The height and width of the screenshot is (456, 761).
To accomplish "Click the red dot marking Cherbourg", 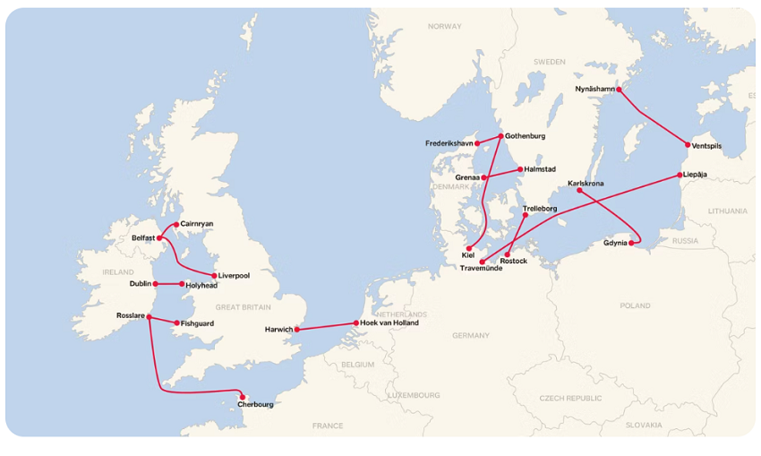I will click(x=243, y=396).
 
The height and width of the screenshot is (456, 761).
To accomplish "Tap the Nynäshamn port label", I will click(x=595, y=90).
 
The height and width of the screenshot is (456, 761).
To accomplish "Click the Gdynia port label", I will click(x=615, y=243).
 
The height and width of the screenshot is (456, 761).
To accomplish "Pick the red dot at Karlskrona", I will click(x=579, y=190).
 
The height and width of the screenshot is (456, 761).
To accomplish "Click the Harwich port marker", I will click(x=296, y=330).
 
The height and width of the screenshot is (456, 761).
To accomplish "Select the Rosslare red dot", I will click(x=149, y=316).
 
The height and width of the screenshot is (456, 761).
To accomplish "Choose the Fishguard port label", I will click(x=197, y=323).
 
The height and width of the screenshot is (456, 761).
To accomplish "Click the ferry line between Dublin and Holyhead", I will click(x=168, y=284).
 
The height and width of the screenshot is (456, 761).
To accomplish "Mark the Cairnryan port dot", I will click(x=175, y=224).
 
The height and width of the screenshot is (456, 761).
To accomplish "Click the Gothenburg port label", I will click(x=525, y=136).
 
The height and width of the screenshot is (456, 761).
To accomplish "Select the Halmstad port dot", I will click(x=519, y=169).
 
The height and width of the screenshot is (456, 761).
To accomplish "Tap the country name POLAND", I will click(x=635, y=305).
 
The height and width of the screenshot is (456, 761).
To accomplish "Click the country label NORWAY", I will click(x=444, y=27).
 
